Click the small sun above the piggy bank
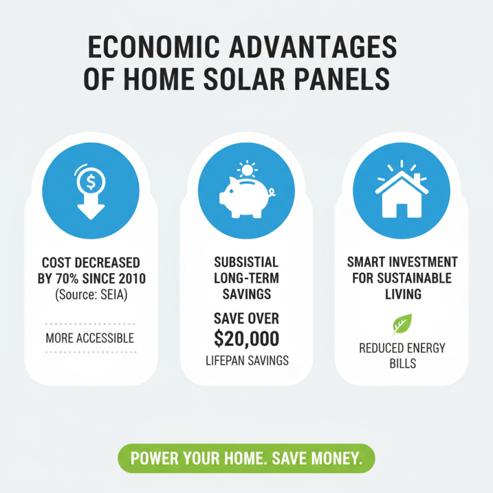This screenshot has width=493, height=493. (246, 169)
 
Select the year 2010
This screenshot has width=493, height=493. (129, 279)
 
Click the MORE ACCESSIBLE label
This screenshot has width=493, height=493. (89, 338)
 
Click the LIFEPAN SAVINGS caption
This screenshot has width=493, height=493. (246, 361)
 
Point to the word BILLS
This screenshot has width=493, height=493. (402, 363)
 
